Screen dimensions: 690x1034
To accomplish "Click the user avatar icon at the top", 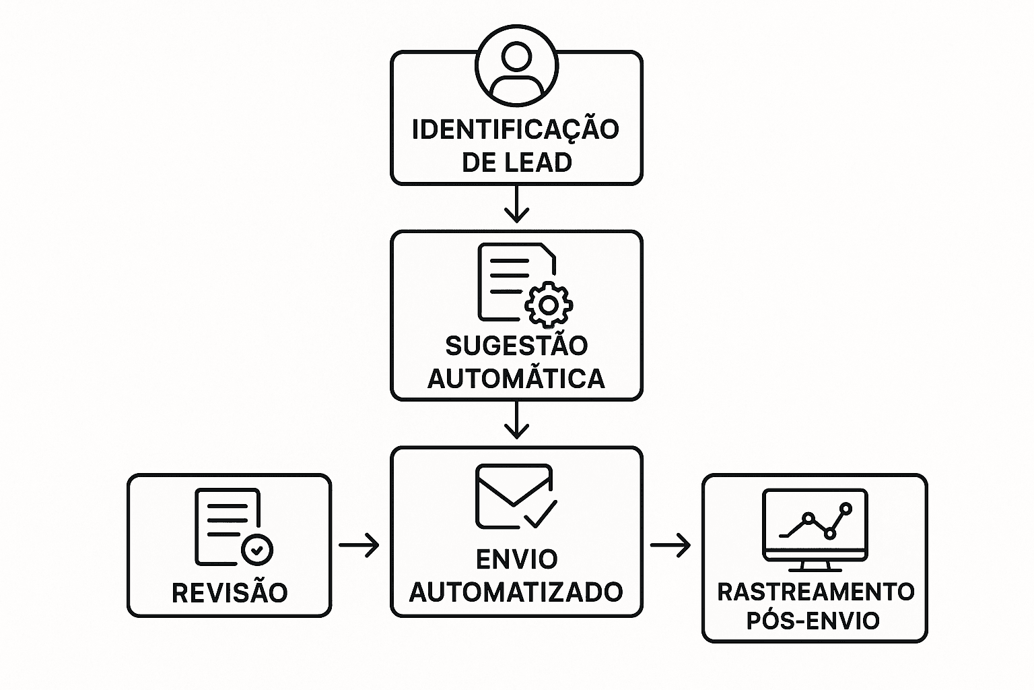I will (516, 65).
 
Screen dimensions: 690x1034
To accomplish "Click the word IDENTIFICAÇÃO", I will (516, 129).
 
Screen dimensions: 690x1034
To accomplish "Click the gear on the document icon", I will (549, 305).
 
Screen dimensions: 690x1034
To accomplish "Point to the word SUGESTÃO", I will (516, 346).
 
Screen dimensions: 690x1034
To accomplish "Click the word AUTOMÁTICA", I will (516, 379).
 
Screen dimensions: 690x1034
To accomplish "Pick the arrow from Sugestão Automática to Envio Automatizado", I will (516, 421).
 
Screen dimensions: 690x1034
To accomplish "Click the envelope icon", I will (513, 495).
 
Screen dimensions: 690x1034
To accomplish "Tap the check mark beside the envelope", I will (541, 515).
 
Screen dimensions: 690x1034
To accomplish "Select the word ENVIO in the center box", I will (516, 559).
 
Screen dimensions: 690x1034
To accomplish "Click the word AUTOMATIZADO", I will (516, 592).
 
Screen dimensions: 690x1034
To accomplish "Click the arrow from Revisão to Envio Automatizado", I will (359, 544).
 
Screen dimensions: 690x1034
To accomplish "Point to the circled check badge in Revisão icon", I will (256, 549).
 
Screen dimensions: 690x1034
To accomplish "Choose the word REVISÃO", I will (230, 593).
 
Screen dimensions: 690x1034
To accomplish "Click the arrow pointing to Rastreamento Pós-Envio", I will (670, 544).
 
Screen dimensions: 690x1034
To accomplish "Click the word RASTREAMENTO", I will (815, 592).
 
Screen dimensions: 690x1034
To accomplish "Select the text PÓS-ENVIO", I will (813, 621).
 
